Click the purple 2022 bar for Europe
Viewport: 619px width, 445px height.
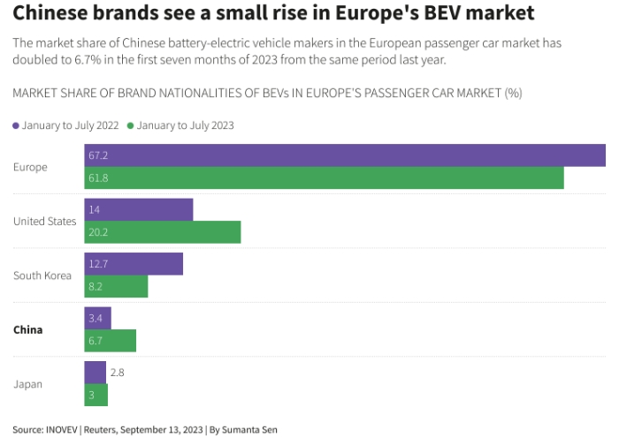345,155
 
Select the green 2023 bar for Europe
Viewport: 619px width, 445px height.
324,178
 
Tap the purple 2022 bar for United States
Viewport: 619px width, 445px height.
138,210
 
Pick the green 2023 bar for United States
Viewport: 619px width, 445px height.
162,232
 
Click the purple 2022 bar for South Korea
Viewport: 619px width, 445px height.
134,264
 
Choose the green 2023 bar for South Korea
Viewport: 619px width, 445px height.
116,287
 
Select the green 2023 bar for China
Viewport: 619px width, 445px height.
110,341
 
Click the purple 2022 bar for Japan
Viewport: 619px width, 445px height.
95,373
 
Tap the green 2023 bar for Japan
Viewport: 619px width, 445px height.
96,396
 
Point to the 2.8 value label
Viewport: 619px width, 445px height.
118,373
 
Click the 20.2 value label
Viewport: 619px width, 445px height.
98,232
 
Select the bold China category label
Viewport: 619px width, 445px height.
28,330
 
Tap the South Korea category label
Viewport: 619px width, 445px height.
42,275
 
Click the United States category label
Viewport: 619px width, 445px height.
45,221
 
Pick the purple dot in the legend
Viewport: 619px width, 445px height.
16,125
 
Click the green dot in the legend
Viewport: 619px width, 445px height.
131,125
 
